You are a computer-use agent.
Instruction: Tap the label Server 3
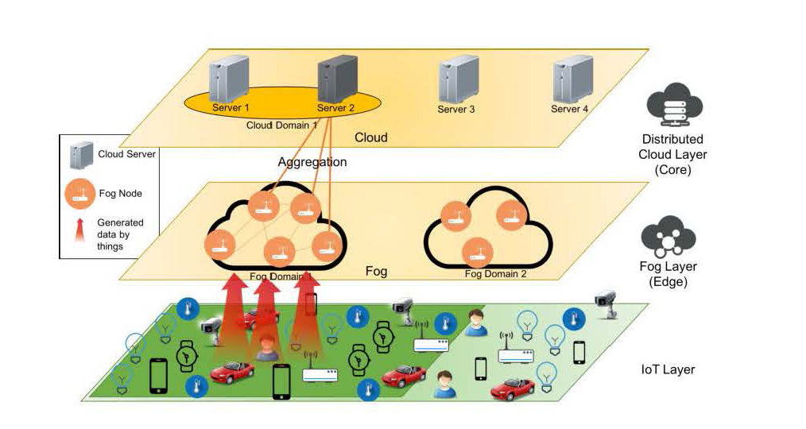(x=455, y=109)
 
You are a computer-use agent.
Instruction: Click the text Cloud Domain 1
(x=282, y=125)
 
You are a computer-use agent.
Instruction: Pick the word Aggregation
(x=312, y=162)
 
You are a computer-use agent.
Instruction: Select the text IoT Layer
(x=668, y=369)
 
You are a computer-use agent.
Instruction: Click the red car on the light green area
(x=512, y=388)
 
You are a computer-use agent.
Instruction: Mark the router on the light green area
(x=515, y=354)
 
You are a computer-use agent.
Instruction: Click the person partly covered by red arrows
(x=266, y=346)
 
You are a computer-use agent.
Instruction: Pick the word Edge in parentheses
(x=668, y=282)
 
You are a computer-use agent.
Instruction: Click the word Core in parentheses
(x=672, y=169)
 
